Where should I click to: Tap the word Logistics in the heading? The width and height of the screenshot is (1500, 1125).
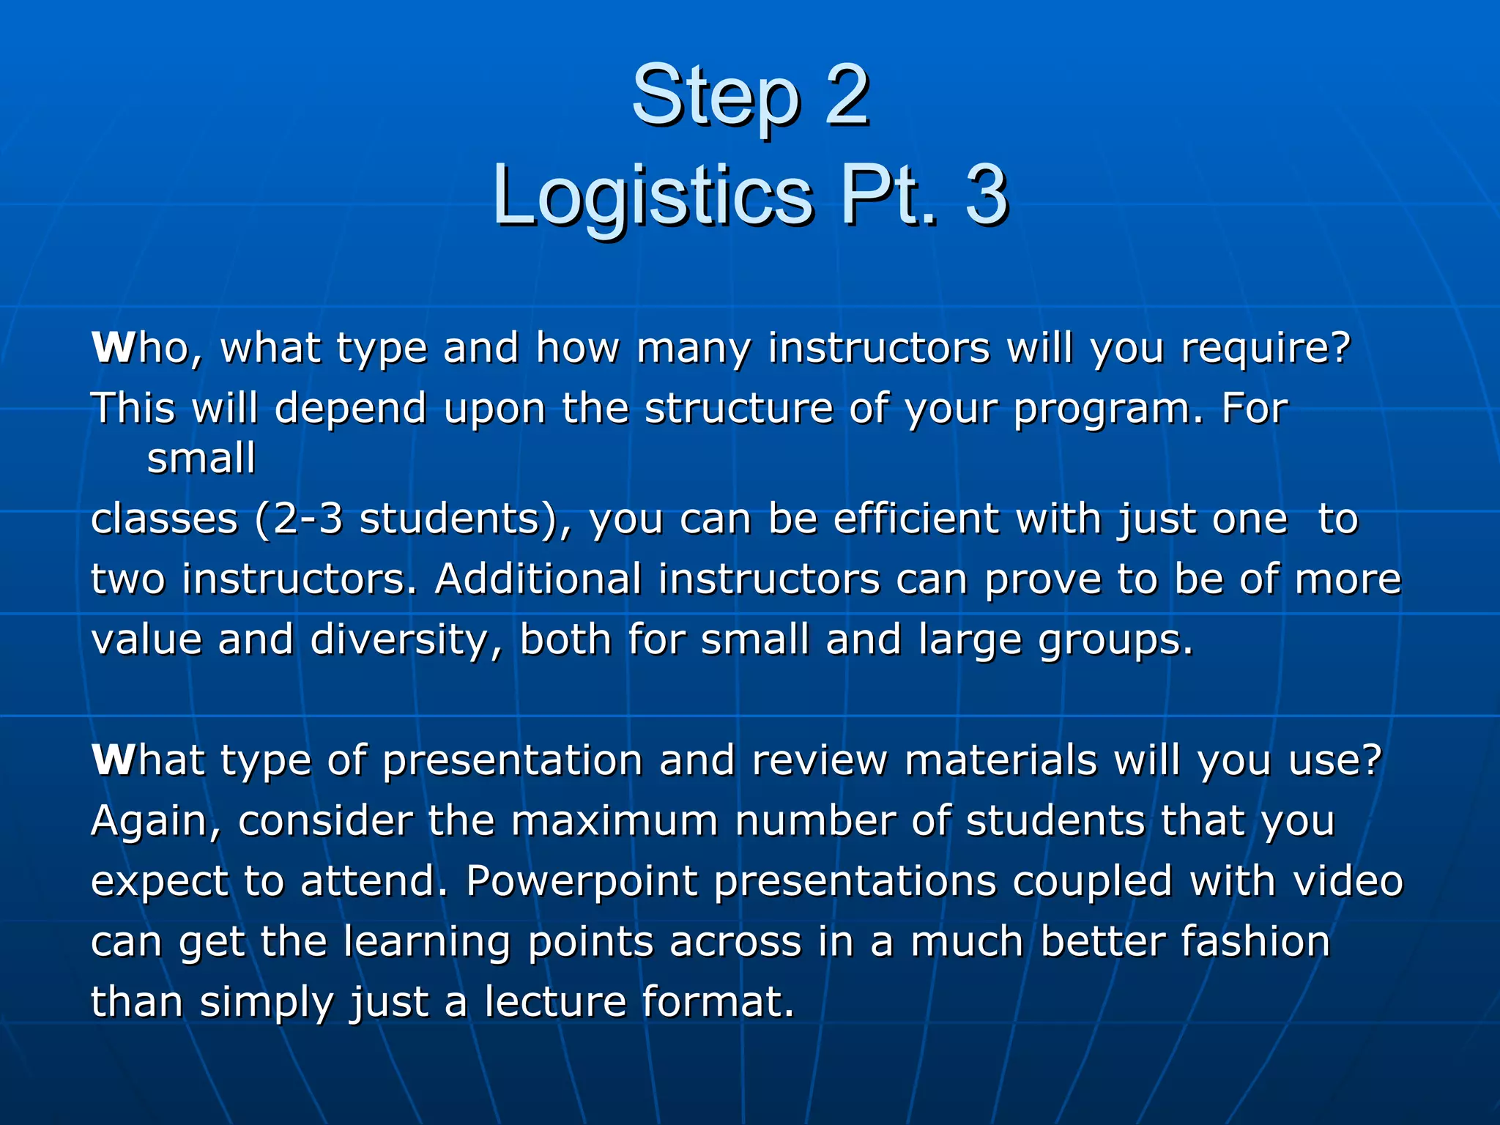point(652,195)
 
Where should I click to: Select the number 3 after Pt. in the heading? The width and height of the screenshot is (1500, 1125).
point(986,195)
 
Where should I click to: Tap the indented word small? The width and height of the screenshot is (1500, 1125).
point(201,458)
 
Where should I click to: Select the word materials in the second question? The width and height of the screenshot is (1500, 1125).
point(1000,760)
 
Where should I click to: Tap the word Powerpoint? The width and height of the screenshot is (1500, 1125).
point(582,881)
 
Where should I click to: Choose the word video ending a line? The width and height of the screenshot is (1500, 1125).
point(1348,881)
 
